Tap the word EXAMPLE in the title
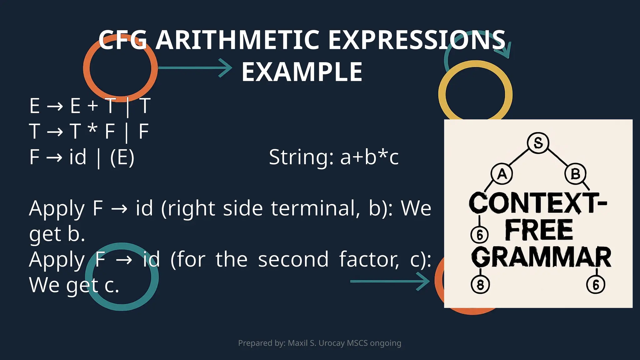click(x=302, y=72)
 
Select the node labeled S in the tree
click(x=538, y=143)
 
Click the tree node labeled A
click(x=502, y=174)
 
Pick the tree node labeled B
click(x=575, y=174)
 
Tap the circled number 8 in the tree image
click(x=480, y=285)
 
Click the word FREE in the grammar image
click(x=539, y=230)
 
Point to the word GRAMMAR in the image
click(x=541, y=257)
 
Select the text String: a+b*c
click(x=333, y=157)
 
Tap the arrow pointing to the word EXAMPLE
click(x=195, y=68)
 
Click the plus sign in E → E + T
click(x=92, y=106)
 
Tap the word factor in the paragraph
click(x=369, y=259)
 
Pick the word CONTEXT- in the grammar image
click(x=537, y=203)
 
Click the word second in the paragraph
click(x=293, y=259)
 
